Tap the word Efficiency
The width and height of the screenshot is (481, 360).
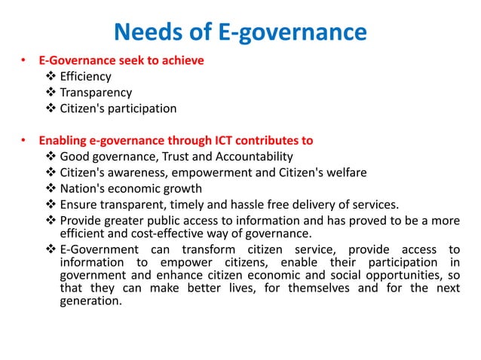pos(85,76)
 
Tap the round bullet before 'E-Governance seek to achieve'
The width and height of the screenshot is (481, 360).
pos(24,61)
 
